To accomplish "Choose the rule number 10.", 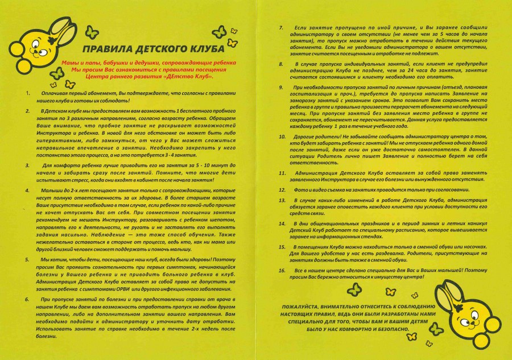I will click(x=282, y=136).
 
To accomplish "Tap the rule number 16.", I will click(x=282, y=270).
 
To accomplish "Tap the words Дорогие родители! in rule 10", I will click(x=319, y=136).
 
